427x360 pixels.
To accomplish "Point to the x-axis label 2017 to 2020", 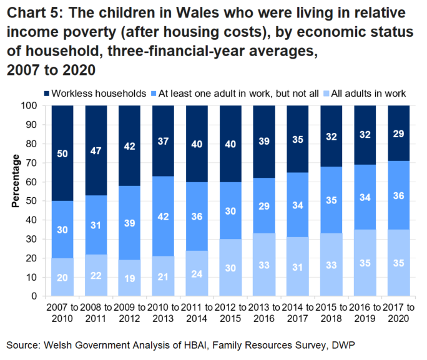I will [x=400, y=313].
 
